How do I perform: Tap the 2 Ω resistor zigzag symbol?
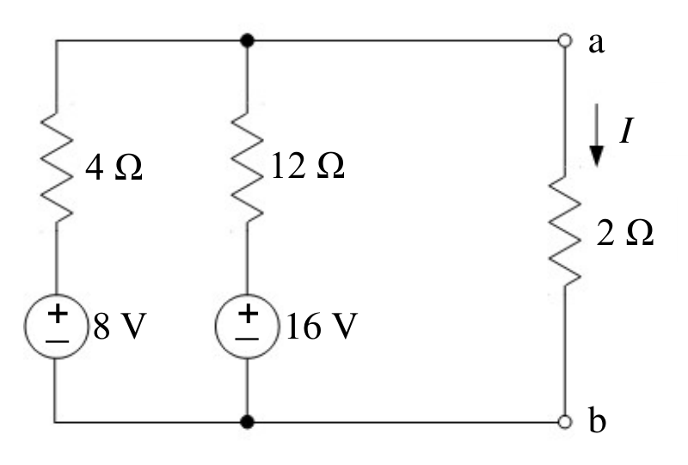coord(565,229)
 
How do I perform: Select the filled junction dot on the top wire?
coord(248,40)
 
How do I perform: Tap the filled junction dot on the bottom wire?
coord(248,422)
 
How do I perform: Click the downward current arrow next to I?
coord(596,135)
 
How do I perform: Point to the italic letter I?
coord(627,131)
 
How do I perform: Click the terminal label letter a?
coord(596,43)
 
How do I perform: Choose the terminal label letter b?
coord(597,420)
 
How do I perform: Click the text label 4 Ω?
coord(114,168)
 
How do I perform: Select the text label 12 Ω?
coord(308,166)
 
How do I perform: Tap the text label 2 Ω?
coord(625,232)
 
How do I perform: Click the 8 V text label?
coord(120,327)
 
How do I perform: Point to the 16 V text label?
coord(322,327)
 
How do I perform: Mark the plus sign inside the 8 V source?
coord(58,315)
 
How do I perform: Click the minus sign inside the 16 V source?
coord(247,340)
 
